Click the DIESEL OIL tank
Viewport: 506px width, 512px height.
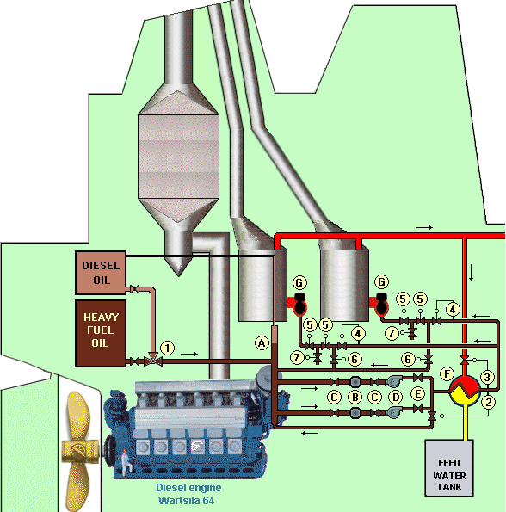(101, 271)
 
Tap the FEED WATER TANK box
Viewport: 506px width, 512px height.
(449, 468)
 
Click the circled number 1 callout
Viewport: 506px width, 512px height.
(168, 347)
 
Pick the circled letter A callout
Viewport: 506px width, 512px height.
(262, 342)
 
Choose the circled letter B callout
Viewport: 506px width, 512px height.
(355, 398)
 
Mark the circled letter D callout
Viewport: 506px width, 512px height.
(396, 398)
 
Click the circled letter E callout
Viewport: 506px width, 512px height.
(418, 393)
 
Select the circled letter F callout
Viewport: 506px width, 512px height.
(446, 374)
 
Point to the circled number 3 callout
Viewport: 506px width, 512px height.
(487, 376)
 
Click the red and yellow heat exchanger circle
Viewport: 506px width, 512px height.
(466, 392)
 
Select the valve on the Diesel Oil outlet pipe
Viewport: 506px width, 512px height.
(133, 288)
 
